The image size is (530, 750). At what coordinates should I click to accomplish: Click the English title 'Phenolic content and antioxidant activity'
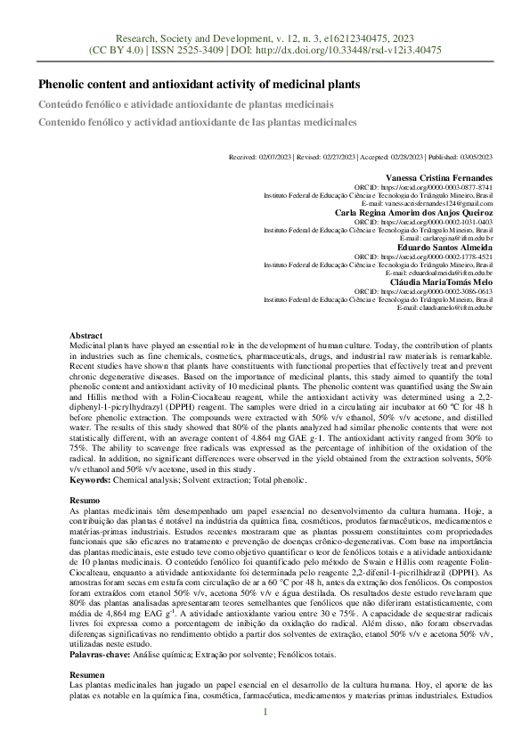coord(199,85)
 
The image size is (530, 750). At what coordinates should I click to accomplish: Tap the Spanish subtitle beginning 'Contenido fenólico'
coord(197,122)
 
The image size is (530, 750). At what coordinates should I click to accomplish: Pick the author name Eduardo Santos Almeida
coord(444,247)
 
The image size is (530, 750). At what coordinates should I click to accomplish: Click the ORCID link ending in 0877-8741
coord(436,188)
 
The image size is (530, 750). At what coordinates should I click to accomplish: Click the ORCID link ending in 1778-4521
coord(436,257)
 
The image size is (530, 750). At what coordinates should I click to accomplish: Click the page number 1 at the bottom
coord(265,712)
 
